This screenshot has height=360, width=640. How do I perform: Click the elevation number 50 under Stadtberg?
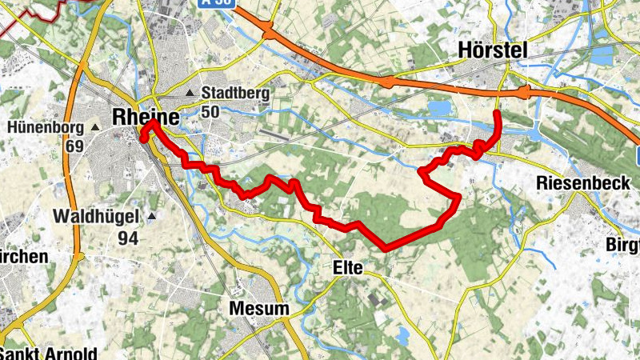[210, 111]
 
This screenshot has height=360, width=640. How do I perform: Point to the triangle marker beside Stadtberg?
[190, 94]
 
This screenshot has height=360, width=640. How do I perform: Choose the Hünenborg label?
[46, 127]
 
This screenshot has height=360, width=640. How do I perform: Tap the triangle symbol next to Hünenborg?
[95, 127]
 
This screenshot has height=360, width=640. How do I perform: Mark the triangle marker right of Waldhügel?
[150, 216]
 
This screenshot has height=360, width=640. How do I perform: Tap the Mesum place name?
[258, 308]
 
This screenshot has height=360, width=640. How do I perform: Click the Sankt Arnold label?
[48, 353]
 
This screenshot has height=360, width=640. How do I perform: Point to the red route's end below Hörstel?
[497, 114]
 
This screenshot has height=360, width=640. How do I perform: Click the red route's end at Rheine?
[144, 139]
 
